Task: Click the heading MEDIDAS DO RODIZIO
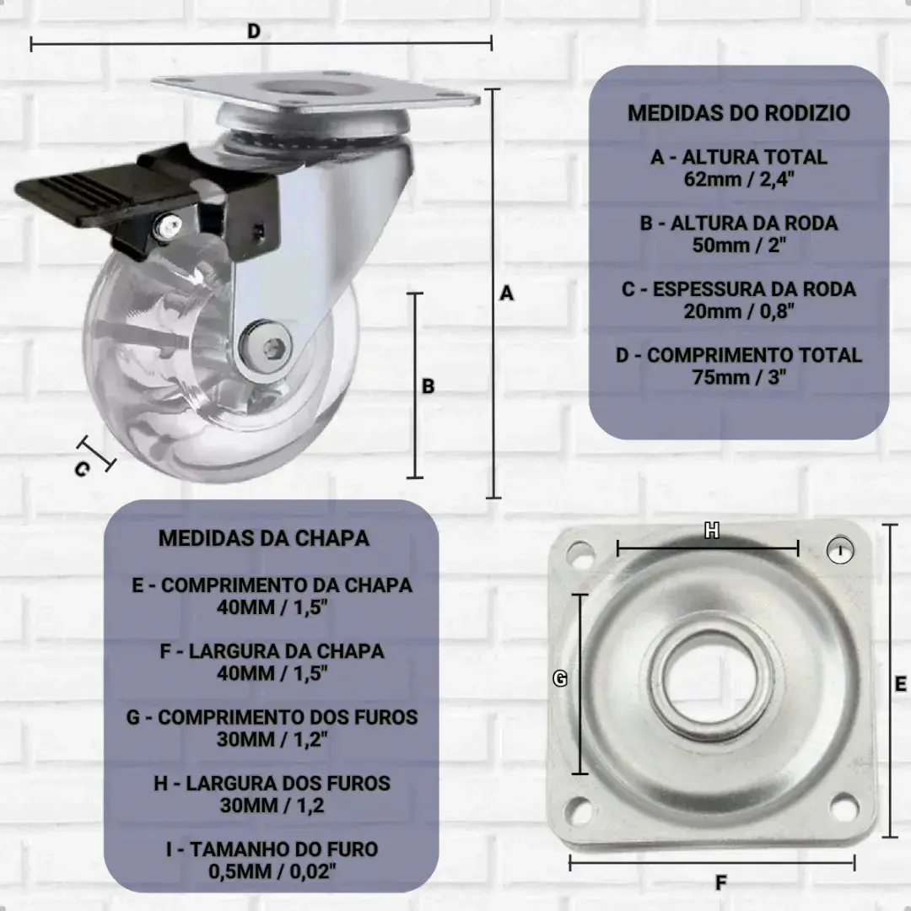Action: click(738, 113)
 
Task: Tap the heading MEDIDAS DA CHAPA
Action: click(264, 538)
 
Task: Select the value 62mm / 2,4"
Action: click(738, 179)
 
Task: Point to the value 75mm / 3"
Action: click(738, 377)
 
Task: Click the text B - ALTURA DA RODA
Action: click(738, 223)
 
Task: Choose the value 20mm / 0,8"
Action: click(738, 310)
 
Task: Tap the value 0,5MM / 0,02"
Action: click(272, 871)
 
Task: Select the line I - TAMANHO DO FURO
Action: click(272, 849)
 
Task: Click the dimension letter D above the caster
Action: click(254, 31)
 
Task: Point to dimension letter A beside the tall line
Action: click(507, 294)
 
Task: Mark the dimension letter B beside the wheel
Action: click(429, 386)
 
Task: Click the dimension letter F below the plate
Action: click(721, 883)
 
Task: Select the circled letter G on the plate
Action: click(560, 678)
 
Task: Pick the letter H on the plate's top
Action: click(712, 530)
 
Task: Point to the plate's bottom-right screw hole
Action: click(844, 806)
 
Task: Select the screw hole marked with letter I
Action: click(840, 550)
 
